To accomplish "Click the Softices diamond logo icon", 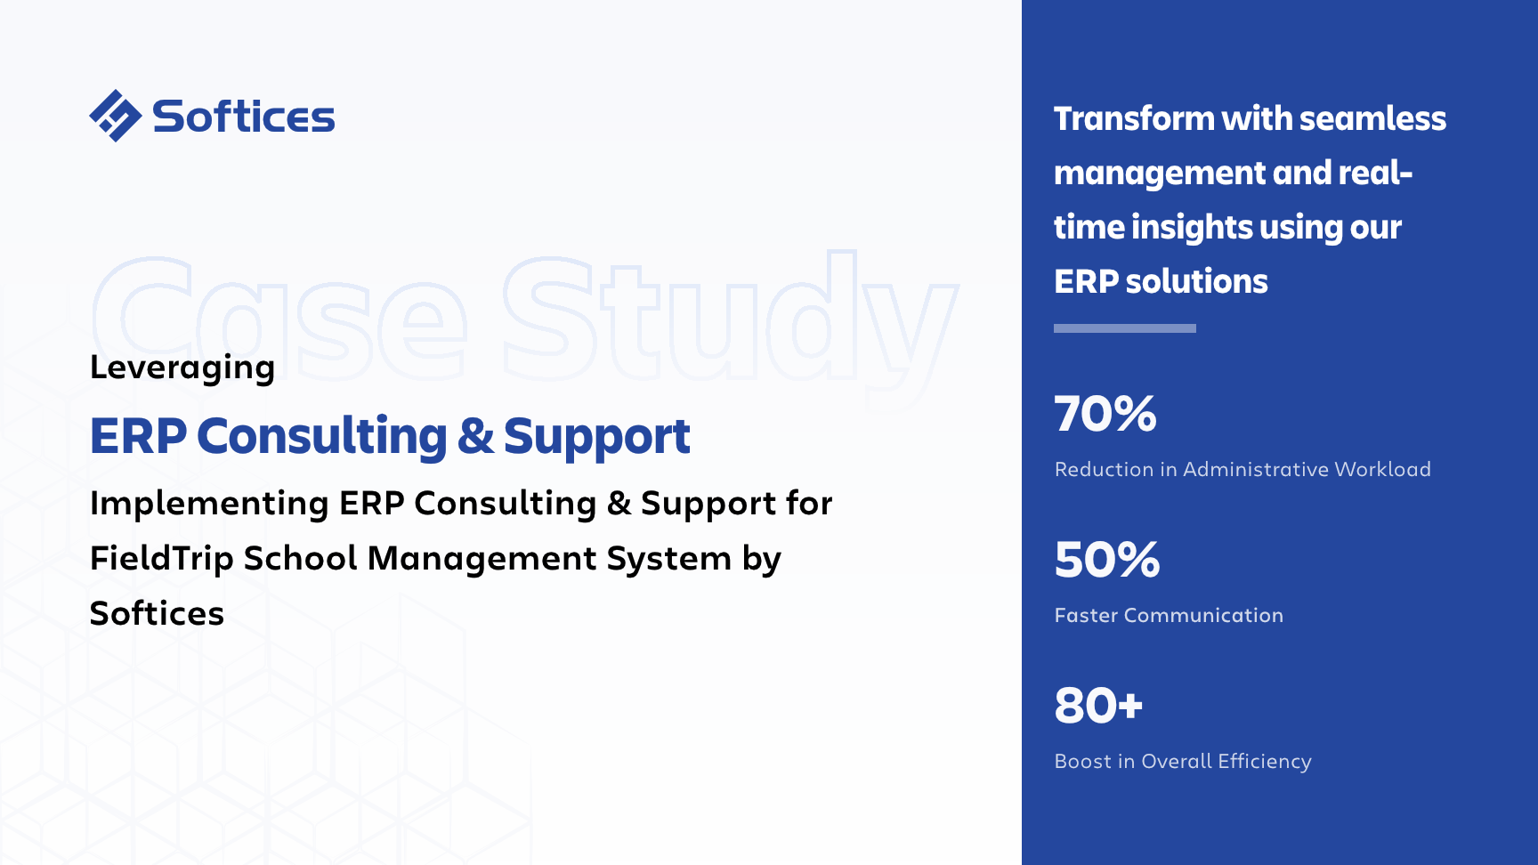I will pyautogui.click(x=115, y=116).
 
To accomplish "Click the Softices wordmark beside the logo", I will pyautogui.click(x=243, y=117).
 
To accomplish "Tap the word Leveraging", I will pyautogui.click(x=182, y=368).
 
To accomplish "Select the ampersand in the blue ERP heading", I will pyautogui.click(x=475, y=436).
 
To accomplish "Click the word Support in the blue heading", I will pyautogui.click(x=596, y=437).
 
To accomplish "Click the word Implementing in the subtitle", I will pyautogui.click(x=209, y=504).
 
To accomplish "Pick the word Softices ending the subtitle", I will pyautogui.click(x=157, y=613).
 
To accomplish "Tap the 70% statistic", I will pyautogui.click(x=1105, y=414).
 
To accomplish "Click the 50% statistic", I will pyautogui.click(x=1107, y=560).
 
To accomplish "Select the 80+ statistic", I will pyautogui.click(x=1098, y=706).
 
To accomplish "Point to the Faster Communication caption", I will pyautogui.click(x=1169, y=615).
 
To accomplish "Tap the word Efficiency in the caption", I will pyautogui.click(x=1265, y=762).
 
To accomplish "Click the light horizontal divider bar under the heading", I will pyautogui.click(x=1125, y=328).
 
